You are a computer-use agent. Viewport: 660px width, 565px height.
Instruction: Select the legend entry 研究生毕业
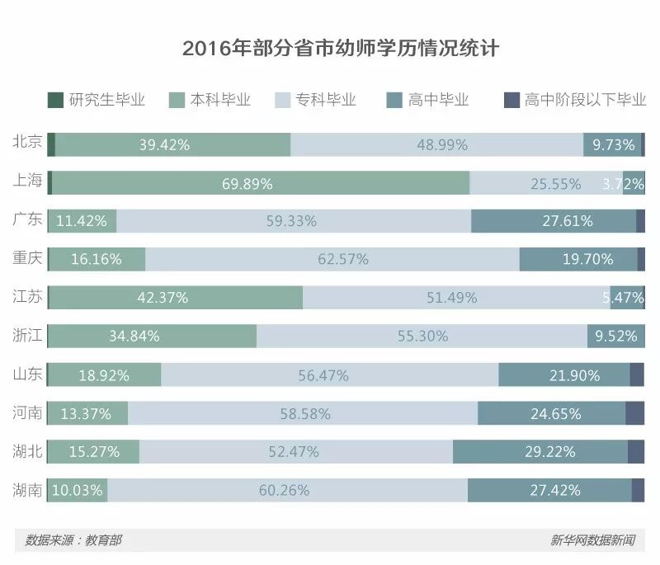pyautogui.click(x=97, y=100)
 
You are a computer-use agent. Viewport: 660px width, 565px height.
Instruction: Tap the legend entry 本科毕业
pyautogui.click(x=210, y=100)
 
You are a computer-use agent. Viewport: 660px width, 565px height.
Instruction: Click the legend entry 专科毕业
pyautogui.click(x=317, y=100)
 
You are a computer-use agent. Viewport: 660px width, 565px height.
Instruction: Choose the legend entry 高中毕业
pyautogui.click(x=427, y=100)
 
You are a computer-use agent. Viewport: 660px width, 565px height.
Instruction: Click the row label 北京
pyautogui.click(x=27, y=144)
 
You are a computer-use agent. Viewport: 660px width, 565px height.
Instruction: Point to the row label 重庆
pyautogui.click(x=27, y=258)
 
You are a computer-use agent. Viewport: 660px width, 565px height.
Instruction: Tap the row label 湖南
pyautogui.click(x=27, y=489)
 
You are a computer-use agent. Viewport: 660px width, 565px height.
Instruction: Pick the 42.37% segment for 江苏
pyautogui.click(x=176, y=298)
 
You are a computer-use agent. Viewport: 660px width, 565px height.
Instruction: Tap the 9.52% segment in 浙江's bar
pyautogui.click(x=614, y=336)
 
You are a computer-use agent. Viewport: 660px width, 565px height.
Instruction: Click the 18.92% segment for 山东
pyautogui.click(x=104, y=374)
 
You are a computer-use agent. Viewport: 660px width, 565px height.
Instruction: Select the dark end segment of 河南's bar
pyautogui.click(x=634, y=413)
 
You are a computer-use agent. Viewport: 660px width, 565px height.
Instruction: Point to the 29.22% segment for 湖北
pyautogui.click(x=540, y=452)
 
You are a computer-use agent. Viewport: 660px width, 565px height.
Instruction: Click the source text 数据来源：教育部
pyautogui.click(x=73, y=540)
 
